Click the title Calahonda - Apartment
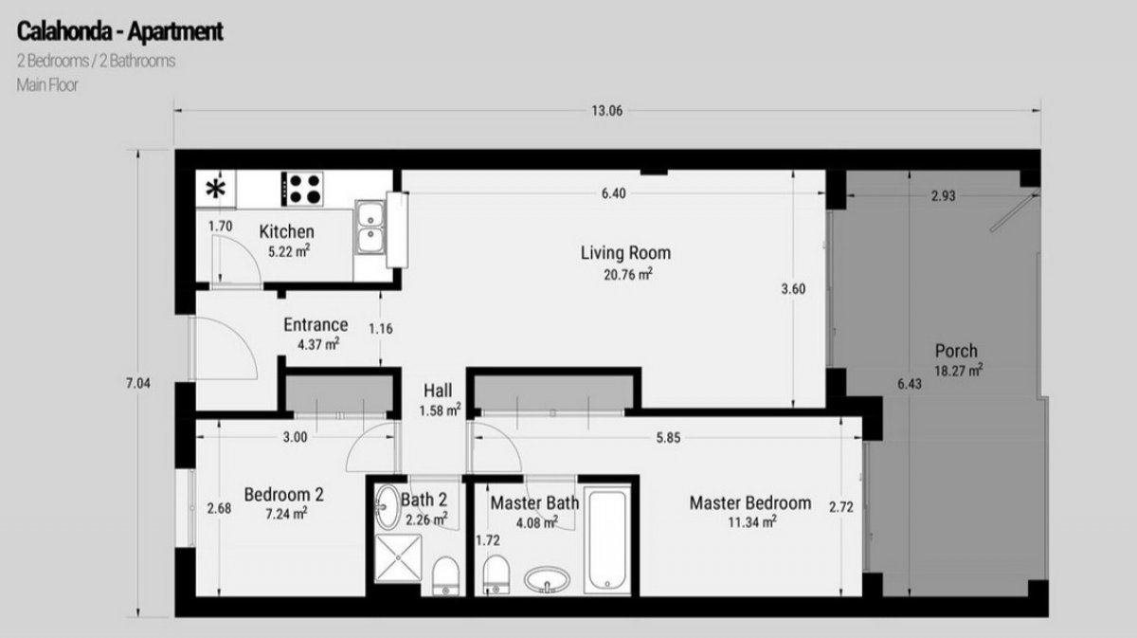click(119, 31)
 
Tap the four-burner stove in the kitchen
click(302, 189)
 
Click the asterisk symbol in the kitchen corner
click(216, 189)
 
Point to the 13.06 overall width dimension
click(606, 111)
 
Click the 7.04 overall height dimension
click(138, 384)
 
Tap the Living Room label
click(625, 253)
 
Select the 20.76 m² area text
click(628, 274)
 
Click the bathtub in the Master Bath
click(607, 540)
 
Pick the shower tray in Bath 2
click(399, 557)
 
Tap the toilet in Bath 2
click(445, 576)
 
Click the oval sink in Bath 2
click(388, 506)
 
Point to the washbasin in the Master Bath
click(547, 579)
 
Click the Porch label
click(956, 351)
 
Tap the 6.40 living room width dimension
click(614, 193)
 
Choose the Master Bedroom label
click(750, 503)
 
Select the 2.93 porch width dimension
click(943, 195)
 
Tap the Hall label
click(438, 391)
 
